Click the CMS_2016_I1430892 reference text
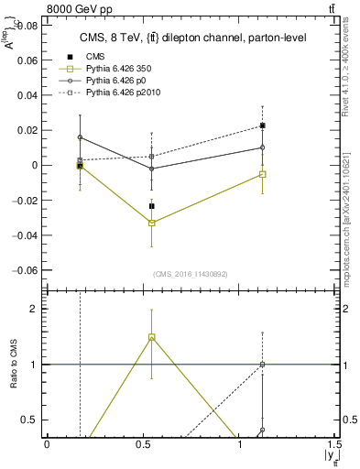point(191,275)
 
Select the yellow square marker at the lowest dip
point(152,223)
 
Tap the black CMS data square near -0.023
point(152,206)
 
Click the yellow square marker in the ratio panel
point(152,337)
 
